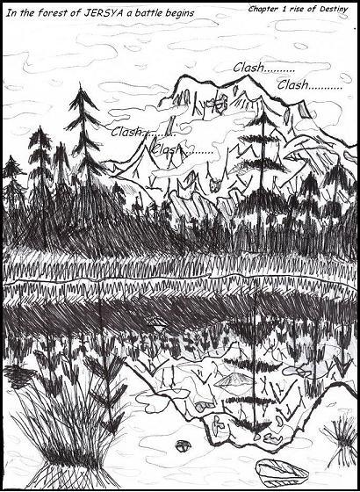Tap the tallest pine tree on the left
click(83, 132)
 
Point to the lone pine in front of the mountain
click(261, 167)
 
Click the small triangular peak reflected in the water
click(234, 380)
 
